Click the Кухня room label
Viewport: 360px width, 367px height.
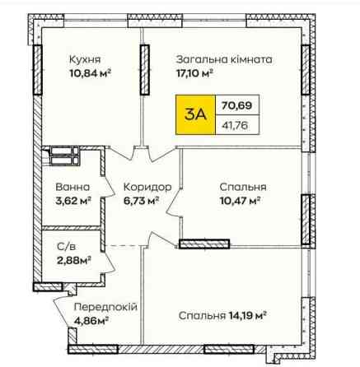[85, 59]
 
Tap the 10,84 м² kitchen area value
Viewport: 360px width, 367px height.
[91, 73]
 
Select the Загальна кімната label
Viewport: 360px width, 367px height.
[224, 59]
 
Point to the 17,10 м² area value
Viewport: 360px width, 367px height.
[194, 73]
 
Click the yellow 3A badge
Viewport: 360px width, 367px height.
[195, 114]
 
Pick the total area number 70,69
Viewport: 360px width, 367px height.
[236, 105]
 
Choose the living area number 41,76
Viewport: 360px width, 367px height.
[235, 126]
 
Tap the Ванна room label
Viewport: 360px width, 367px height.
[72, 188]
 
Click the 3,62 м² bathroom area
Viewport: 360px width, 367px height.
[73, 201]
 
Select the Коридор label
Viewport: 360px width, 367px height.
[147, 188]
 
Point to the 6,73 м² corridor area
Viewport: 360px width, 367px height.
[141, 201]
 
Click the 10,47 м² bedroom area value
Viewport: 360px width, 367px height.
[240, 201]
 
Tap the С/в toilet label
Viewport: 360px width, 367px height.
[66, 247]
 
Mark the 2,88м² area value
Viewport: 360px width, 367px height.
[74, 260]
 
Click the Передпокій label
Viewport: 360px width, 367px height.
[105, 307]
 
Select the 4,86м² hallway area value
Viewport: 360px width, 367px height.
[91, 320]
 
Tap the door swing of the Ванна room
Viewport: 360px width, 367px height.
[108, 187]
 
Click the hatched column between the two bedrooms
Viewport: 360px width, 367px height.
[204, 244]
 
